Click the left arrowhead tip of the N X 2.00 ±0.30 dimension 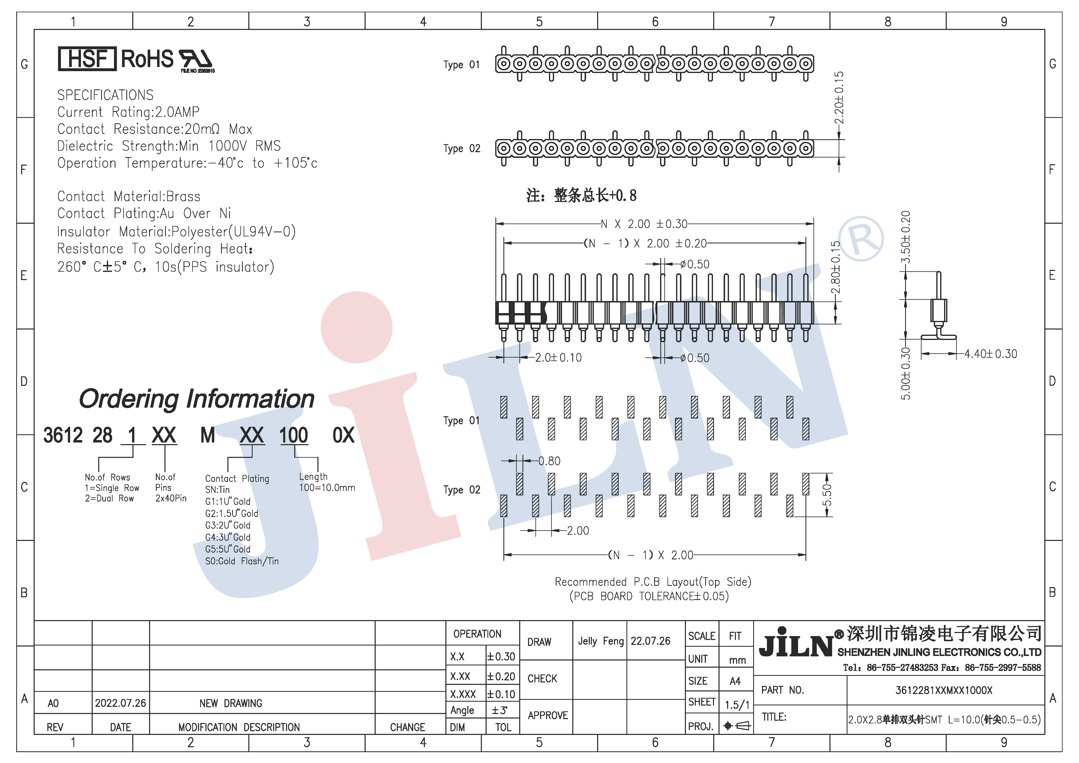(496, 224)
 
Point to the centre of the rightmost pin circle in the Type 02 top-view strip (806, 148)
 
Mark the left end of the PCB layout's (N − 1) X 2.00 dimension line (504, 555)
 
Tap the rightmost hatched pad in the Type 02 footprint (806, 484)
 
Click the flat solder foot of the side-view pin (939, 336)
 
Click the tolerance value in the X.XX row (501, 676)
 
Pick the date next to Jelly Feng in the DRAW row (650, 641)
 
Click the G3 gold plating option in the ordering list (228, 525)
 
